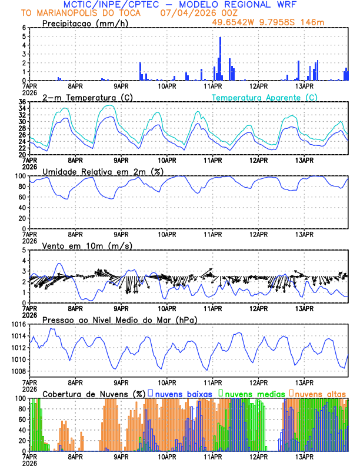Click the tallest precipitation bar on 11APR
point(221,59)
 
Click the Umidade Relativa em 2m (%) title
point(103,171)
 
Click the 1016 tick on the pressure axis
point(17,324)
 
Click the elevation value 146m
point(313,22)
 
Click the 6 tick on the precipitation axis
point(24,28)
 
